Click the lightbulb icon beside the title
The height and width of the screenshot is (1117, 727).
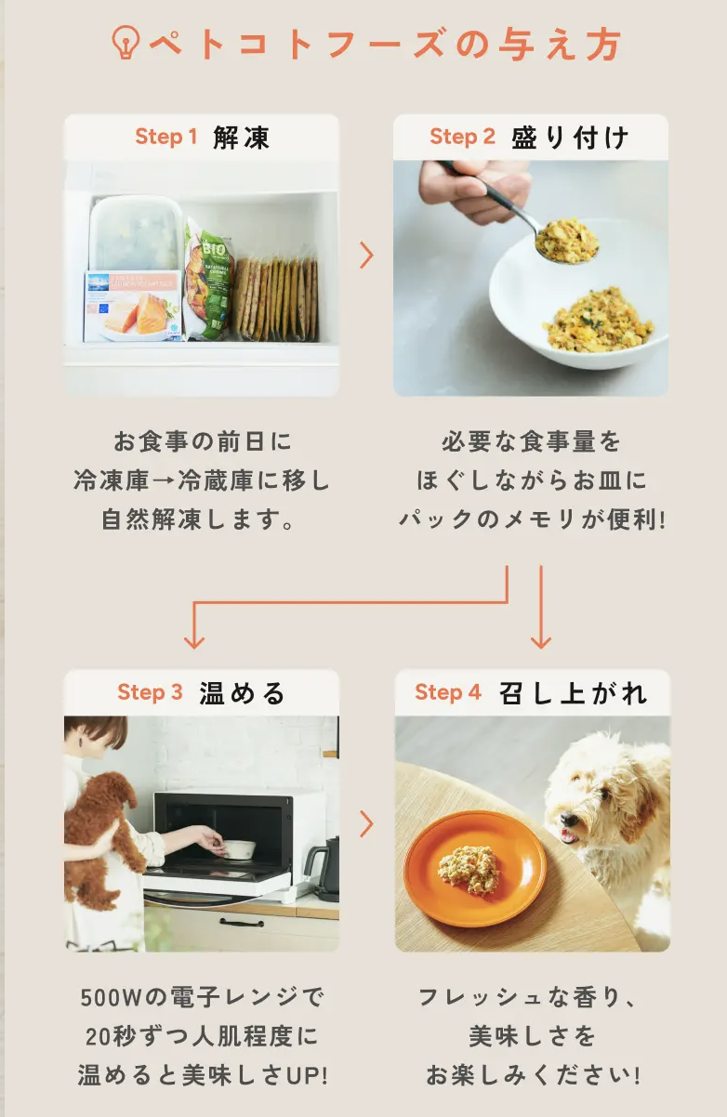click(x=126, y=43)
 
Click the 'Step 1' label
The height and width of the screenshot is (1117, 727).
click(x=166, y=137)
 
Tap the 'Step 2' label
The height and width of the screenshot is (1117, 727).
click(x=462, y=137)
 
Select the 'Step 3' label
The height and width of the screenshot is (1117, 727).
click(x=150, y=692)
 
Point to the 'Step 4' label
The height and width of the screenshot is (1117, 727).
click(x=447, y=692)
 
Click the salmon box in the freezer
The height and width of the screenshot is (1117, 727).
click(x=133, y=306)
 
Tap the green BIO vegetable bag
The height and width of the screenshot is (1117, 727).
click(x=209, y=279)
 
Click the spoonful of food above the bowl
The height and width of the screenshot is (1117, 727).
click(x=567, y=241)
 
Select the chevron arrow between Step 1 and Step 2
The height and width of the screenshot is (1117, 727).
click(x=366, y=256)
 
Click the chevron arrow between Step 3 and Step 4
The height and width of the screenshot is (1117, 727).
click(x=366, y=824)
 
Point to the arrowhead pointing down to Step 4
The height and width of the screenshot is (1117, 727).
click(x=541, y=642)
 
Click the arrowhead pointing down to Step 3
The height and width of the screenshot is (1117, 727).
click(x=194, y=642)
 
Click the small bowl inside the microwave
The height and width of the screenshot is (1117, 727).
click(x=239, y=849)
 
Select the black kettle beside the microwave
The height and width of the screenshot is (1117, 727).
click(x=324, y=869)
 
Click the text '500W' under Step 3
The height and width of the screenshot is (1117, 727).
click(x=112, y=997)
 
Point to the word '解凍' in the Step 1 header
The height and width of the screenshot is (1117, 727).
click(x=242, y=138)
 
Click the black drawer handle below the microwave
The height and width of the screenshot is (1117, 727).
click(x=242, y=922)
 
